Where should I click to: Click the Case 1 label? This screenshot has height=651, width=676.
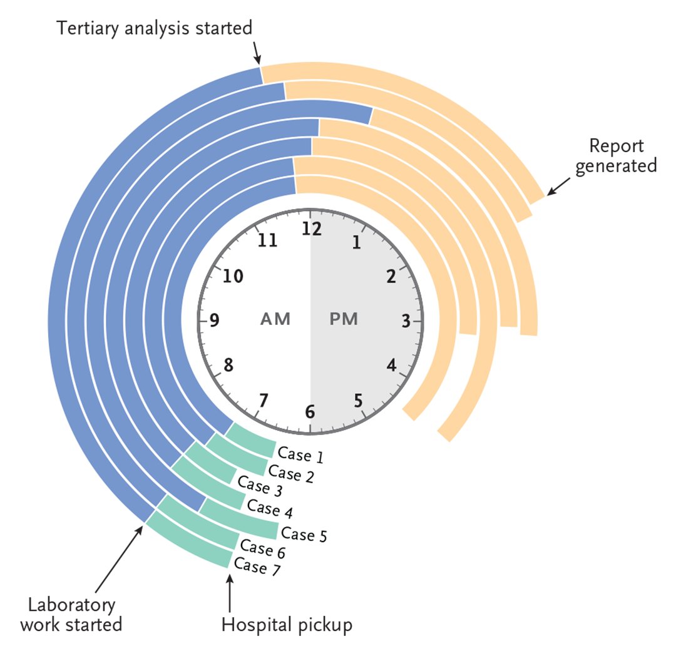click(300, 455)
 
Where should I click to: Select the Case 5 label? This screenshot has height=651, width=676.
click(304, 534)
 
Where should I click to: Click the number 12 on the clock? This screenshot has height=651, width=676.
click(311, 229)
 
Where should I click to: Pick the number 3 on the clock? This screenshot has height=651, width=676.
click(406, 322)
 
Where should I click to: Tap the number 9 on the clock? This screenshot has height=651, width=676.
click(215, 321)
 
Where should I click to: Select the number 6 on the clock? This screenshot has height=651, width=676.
click(310, 413)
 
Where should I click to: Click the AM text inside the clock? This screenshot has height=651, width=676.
click(275, 319)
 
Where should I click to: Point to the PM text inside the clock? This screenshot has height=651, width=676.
click(344, 319)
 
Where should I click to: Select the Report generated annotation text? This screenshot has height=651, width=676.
click(616, 156)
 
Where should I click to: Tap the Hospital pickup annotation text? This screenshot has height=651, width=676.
click(287, 624)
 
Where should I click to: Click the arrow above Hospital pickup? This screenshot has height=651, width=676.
click(230, 593)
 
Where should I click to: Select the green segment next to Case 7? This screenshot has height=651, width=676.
click(188, 539)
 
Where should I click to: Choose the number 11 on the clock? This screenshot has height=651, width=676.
click(268, 240)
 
